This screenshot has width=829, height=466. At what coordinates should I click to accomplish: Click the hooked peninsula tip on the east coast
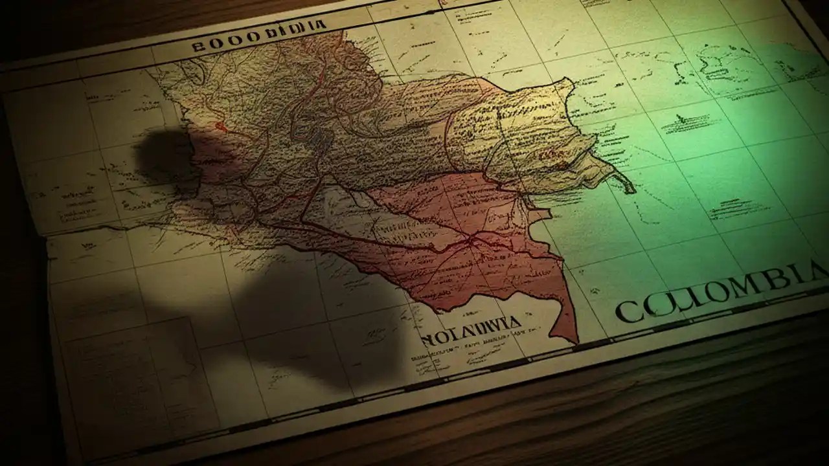631,190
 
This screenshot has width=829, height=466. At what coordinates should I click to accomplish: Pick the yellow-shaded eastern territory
525,129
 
